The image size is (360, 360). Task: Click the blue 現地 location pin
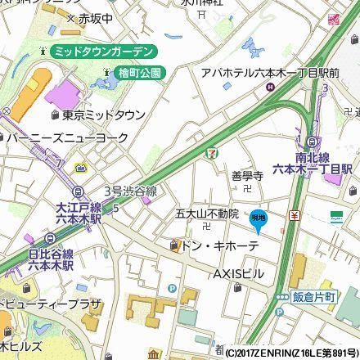coord(258,218)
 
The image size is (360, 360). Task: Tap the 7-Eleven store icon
coord(212,154)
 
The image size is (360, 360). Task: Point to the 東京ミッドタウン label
coord(101,114)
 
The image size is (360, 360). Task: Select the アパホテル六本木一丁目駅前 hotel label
coord(271,73)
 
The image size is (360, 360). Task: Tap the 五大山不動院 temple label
coord(206,214)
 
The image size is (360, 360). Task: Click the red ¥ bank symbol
coord(294,215)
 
